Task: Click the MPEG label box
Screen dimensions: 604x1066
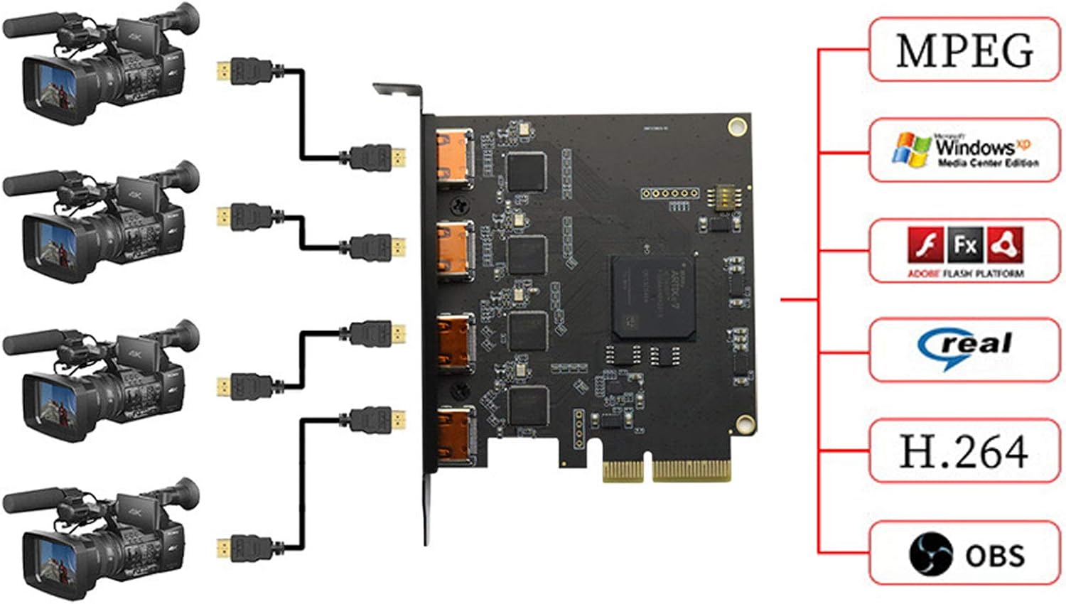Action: tap(964, 50)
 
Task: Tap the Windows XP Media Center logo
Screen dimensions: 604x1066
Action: tap(964, 150)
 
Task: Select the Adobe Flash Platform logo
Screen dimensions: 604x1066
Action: tap(964, 251)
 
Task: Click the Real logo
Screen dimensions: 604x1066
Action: tap(964, 349)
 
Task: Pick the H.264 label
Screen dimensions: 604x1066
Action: tap(964, 451)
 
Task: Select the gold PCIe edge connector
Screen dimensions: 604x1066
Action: tap(666, 470)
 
